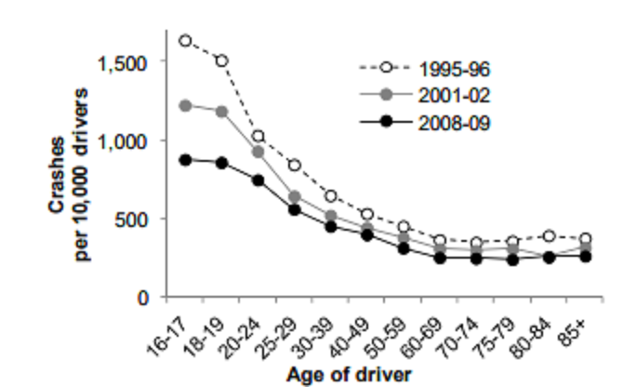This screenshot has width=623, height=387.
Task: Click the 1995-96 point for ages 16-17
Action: tap(185, 41)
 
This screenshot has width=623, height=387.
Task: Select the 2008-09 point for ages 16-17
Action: tap(185, 160)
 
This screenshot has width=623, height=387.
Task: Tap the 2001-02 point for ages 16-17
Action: tap(185, 105)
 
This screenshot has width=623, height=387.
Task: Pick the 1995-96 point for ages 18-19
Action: tap(221, 60)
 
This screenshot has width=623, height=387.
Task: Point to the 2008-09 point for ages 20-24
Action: tap(258, 180)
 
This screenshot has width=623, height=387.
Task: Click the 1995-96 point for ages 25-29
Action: tap(294, 166)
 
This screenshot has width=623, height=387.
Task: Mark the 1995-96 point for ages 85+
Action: tap(586, 239)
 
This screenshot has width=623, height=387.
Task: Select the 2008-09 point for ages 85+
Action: tap(586, 256)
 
